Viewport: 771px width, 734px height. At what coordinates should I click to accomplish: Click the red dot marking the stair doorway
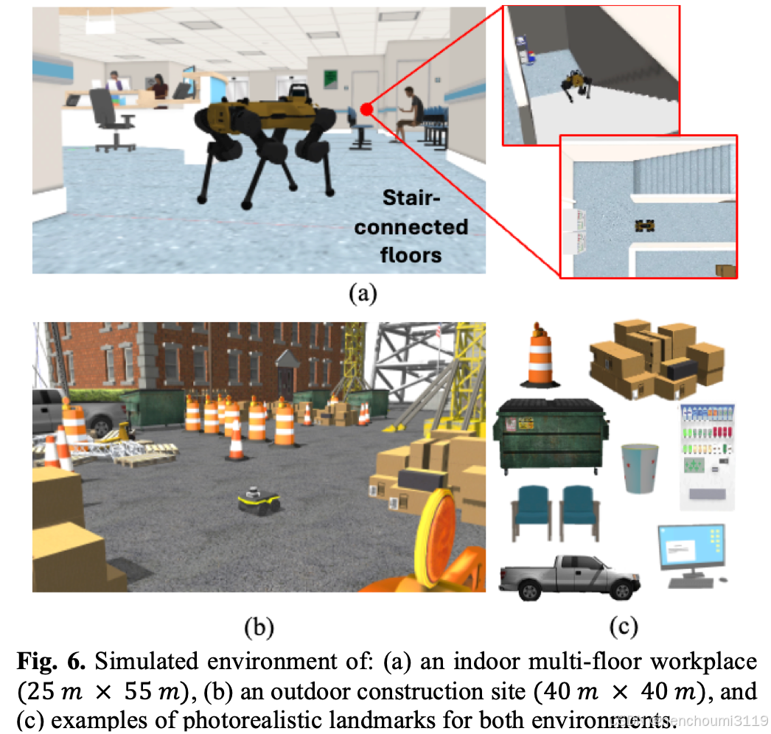(366, 110)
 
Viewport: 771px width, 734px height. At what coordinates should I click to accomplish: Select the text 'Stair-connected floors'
(411, 226)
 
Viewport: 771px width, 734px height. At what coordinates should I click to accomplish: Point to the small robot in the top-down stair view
(646, 226)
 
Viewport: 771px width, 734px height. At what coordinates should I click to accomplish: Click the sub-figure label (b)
(259, 627)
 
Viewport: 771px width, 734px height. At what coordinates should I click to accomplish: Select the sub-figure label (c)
(623, 627)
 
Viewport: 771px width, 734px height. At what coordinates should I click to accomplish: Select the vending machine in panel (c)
(706, 456)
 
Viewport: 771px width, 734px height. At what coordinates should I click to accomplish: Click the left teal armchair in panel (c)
(528, 510)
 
